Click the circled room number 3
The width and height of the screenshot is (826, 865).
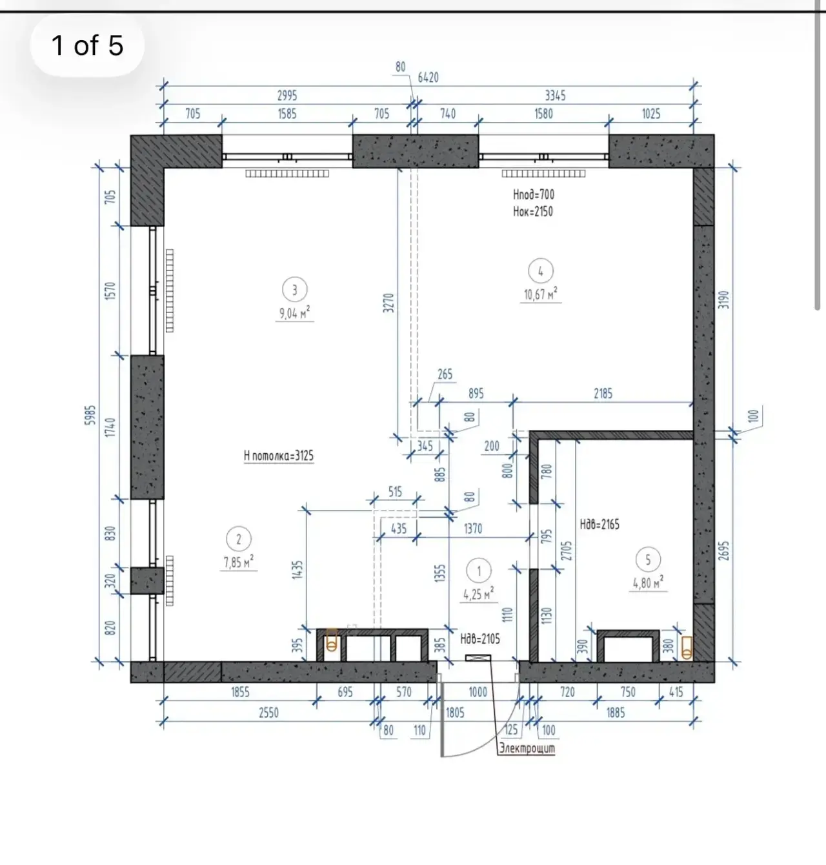[x=294, y=290]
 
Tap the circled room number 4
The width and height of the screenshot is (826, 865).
[x=540, y=270]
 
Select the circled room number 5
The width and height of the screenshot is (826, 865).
[x=648, y=560]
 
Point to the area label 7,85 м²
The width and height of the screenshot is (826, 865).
[x=239, y=562]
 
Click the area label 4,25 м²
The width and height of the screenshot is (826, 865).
[x=479, y=594]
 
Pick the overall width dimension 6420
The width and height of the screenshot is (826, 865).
[x=428, y=78]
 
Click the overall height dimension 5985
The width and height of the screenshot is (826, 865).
[x=90, y=415]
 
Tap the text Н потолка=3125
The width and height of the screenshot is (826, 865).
[x=279, y=456]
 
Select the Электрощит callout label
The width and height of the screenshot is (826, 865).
[x=527, y=748]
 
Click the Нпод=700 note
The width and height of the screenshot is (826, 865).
[x=533, y=194]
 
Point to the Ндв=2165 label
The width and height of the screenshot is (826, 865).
[x=599, y=525]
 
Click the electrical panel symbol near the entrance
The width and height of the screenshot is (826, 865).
[x=478, y=657]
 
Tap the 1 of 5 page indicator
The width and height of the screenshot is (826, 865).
[x=87, y=45]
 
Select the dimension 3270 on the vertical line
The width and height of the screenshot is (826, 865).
[x=388, y=303]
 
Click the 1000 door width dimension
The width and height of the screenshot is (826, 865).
[x=478, y=692]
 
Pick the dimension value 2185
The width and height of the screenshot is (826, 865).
[x=603, y=393]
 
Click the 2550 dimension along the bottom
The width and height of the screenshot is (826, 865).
[x=268, y=713]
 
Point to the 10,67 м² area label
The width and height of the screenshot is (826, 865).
[x=540, y=294]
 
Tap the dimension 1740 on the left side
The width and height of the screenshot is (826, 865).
[x=110, y=427]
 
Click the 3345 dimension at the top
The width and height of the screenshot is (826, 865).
[x=555, y=96]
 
